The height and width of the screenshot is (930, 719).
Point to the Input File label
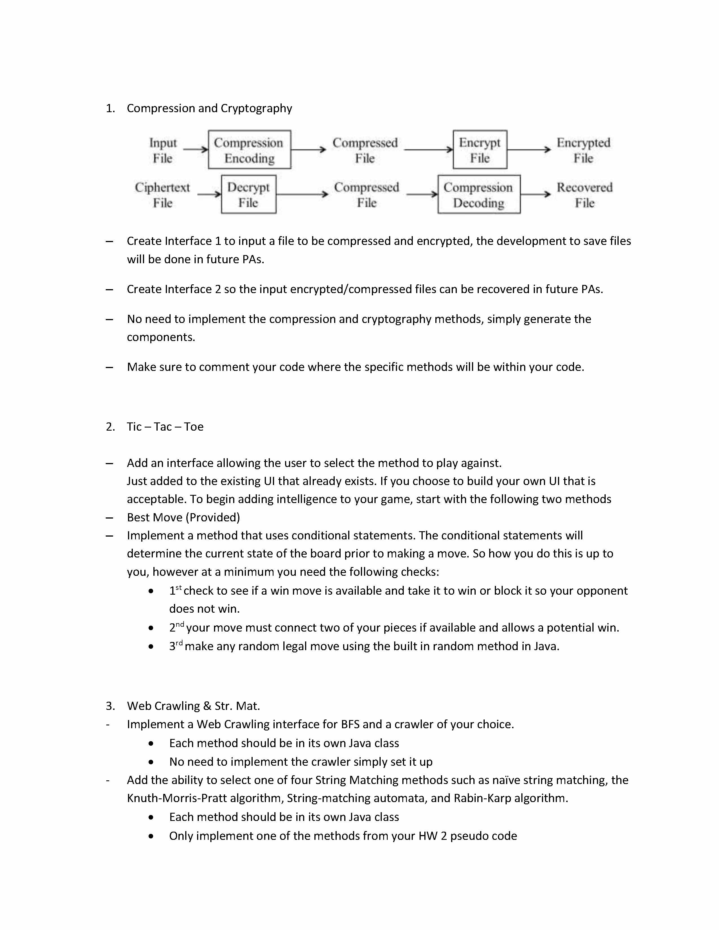(163, 150)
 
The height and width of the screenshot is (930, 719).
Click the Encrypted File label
(583, 150)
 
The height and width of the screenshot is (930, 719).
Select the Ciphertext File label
(162, 195)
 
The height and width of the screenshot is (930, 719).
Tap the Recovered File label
(585, 195)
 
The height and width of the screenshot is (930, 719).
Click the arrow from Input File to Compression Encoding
(195, 149)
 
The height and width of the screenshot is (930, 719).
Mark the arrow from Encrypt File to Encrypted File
(529, 149)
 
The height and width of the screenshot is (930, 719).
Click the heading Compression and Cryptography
(209, 108)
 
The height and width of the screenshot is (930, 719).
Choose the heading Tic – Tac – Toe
(165, 427)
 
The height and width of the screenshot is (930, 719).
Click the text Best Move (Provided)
(183, 517)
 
